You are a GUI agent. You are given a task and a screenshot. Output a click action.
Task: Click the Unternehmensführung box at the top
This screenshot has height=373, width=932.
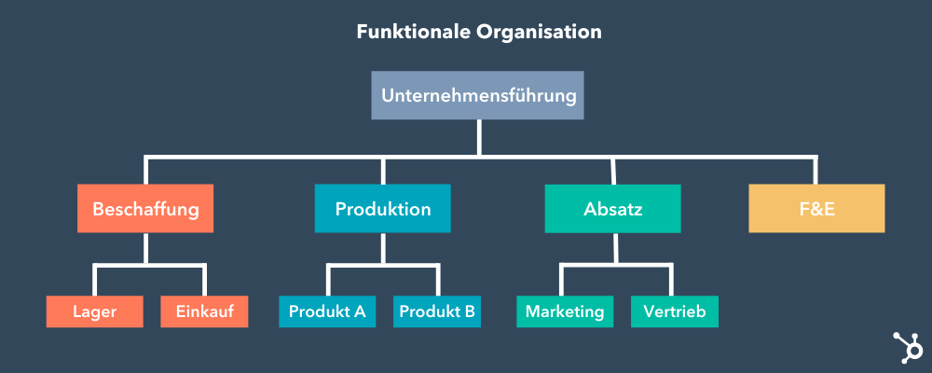click(478, 96)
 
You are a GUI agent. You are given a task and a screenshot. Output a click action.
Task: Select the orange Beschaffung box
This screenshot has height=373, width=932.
click(145, 209)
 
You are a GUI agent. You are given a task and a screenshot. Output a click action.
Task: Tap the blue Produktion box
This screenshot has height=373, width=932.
click(382, 209)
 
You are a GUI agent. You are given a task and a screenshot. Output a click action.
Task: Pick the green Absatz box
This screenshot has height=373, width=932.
click(612, 209)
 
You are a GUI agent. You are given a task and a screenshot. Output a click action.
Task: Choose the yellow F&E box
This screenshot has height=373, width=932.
click(816, 209)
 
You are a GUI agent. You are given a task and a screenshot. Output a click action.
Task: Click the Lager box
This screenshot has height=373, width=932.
click(94, 311)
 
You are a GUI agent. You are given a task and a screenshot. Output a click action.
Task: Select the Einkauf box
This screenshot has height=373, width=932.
click(204, 311)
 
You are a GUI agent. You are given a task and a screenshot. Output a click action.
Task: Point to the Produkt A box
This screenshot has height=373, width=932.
click(327, 311)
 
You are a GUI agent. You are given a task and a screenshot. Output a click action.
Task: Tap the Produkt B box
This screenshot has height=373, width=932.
click(437, 311)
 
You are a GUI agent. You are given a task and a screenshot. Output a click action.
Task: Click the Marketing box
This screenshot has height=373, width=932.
click(565, 311)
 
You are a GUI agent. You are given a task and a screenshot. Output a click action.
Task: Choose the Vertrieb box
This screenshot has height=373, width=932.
click(675, 311)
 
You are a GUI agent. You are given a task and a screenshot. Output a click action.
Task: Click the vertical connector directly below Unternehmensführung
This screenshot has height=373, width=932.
click(478, 137)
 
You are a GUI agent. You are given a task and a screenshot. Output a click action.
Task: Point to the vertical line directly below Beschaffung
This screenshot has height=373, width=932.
click(145, 249)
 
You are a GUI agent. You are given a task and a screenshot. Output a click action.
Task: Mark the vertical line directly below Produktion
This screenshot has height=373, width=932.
click(382, 249)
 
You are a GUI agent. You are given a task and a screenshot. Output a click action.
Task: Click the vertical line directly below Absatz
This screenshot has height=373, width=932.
click(614, 249)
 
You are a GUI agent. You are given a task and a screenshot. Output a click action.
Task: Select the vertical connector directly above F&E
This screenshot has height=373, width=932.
click(816, 171)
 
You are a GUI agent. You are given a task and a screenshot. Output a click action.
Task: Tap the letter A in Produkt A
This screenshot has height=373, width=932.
click(359, 311)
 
